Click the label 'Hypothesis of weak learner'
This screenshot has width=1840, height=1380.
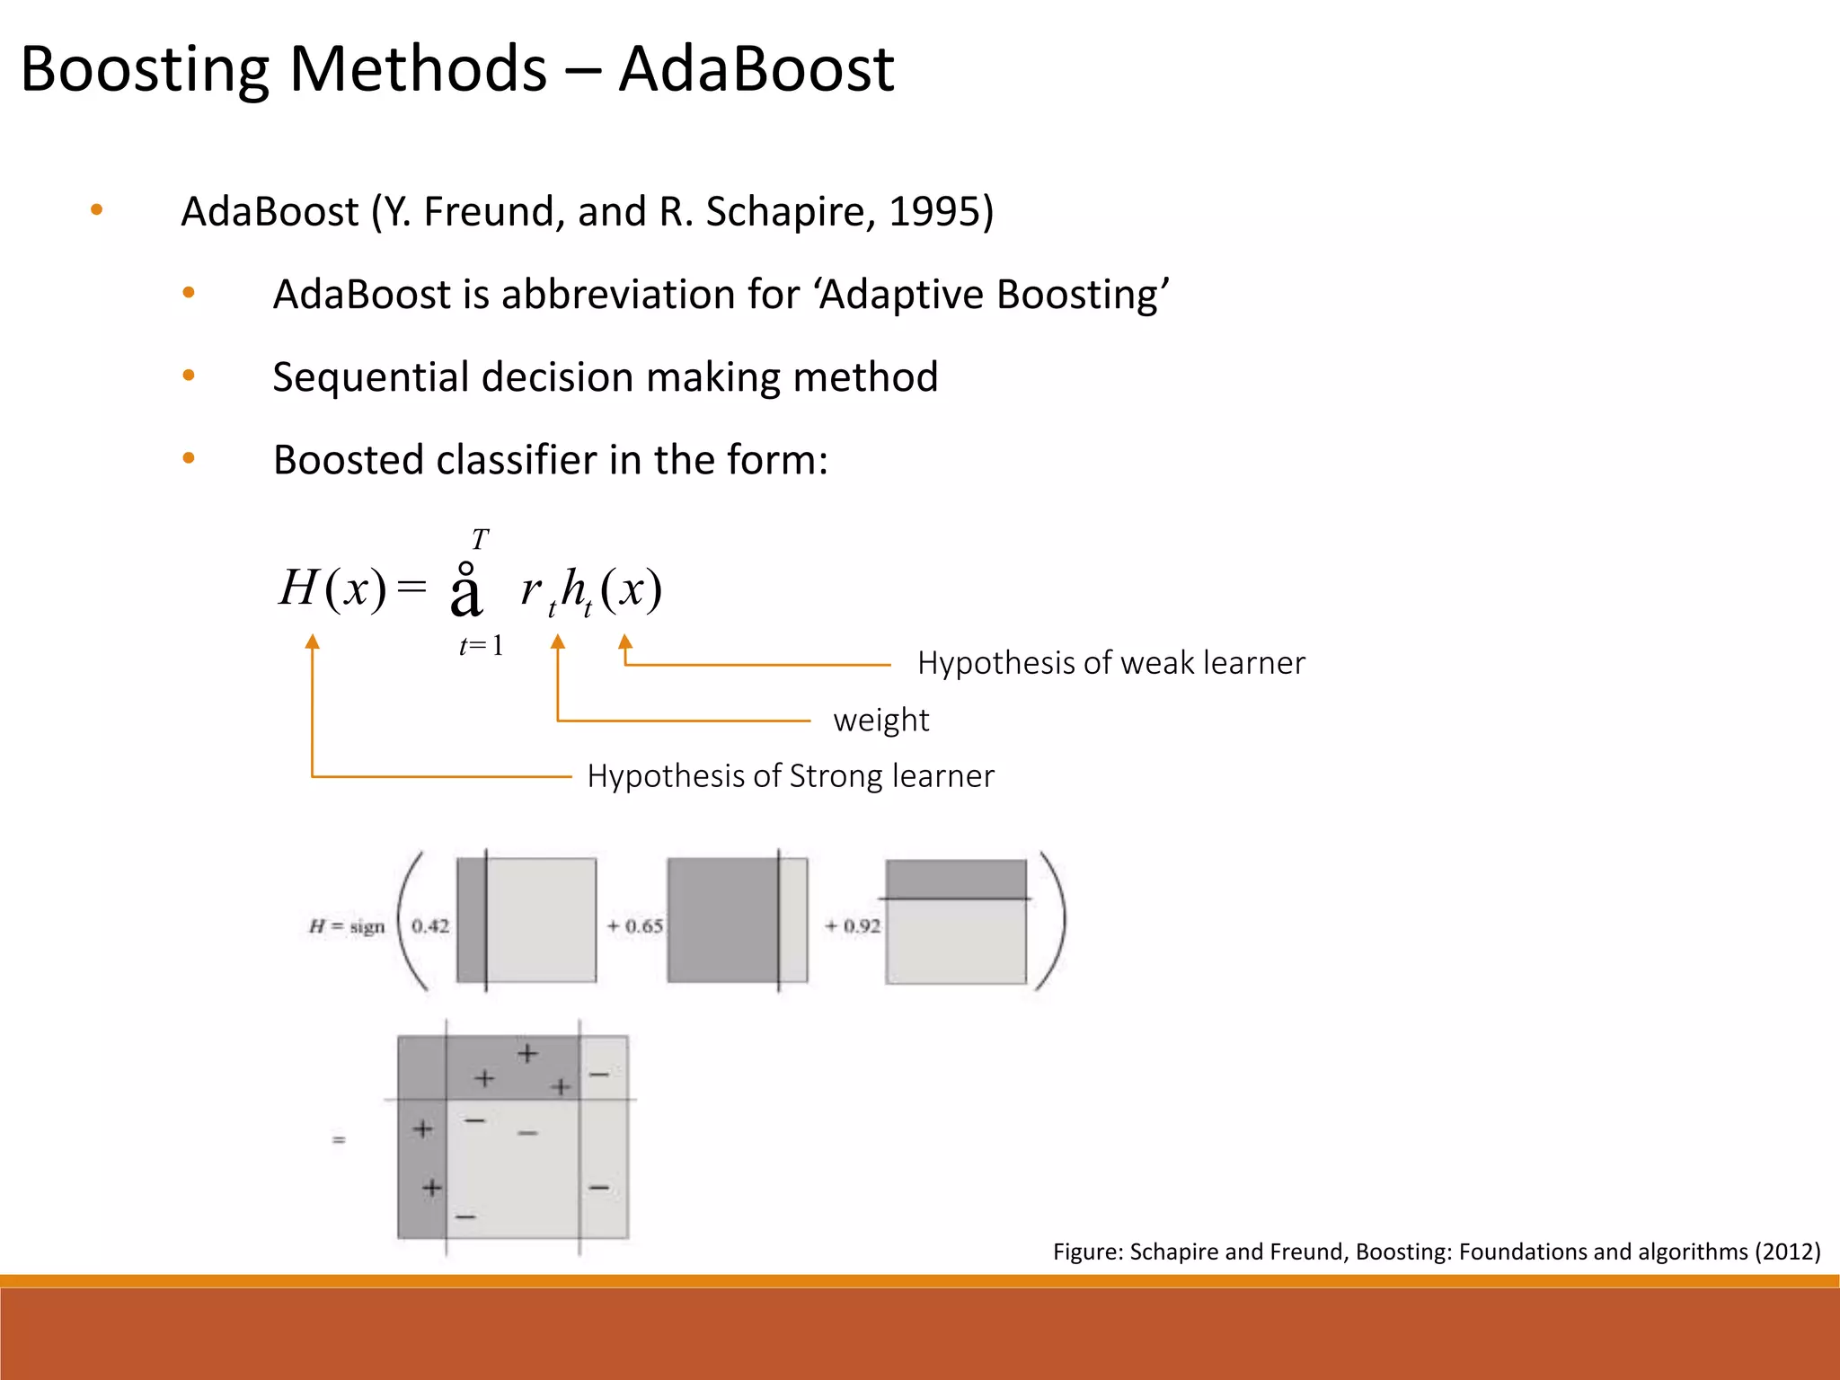coord(1110,663)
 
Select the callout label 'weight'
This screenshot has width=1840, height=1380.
coord(880,721)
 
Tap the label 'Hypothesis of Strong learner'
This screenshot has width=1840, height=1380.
coord(790,776)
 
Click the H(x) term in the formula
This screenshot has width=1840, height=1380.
coord(332,589)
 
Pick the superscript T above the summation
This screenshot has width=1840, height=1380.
coord(481,540)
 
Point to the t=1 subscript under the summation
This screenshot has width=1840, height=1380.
coord(481,646)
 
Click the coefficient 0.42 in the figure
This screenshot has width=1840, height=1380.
coord(430,926)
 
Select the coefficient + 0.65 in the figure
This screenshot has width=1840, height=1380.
coord(635,926)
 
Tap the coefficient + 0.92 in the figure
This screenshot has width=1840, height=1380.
coord(853,926)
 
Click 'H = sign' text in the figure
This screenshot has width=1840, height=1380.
coord(347,926)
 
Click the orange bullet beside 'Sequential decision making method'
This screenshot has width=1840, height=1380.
coord(189,376)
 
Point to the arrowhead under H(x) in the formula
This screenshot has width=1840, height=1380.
coord(312,641)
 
